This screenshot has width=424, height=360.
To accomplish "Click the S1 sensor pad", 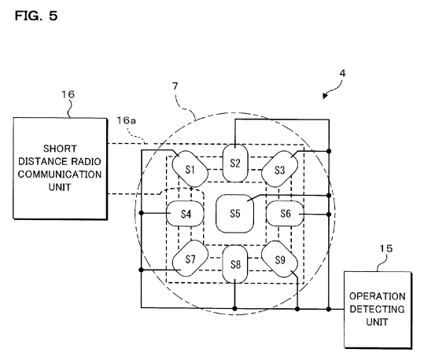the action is [190, 169].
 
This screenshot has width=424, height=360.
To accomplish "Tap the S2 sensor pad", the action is [235, 163].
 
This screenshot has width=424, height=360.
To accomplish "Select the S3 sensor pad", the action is [279, 169].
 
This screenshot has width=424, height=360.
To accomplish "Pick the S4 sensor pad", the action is [185, 214].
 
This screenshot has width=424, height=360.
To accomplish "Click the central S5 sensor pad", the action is [235, 214].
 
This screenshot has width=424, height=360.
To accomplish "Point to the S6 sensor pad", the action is [285, 214].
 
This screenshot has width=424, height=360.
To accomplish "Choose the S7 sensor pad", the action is [190, 259].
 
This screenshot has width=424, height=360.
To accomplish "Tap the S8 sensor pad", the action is [235, 264].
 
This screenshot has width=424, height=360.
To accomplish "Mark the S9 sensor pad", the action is [279, 259].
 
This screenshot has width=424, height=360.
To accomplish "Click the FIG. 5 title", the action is [36, 16].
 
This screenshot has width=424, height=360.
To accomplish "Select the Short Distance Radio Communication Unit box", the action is [60, 168].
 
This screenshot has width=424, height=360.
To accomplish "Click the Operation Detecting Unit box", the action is [378, 310].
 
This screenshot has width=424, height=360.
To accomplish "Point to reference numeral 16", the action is [68, 94].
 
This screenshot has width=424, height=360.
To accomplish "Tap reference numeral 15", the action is [386, 248].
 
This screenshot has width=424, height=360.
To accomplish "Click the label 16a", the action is [127, 120].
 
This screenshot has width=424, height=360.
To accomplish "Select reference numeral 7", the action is [175, 86].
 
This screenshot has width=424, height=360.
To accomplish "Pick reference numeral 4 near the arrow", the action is [342, 73].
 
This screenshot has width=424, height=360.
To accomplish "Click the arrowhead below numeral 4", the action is [326, 96].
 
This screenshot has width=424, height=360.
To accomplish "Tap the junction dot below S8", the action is [234, 308].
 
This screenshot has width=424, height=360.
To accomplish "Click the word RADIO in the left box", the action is [87, 161].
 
